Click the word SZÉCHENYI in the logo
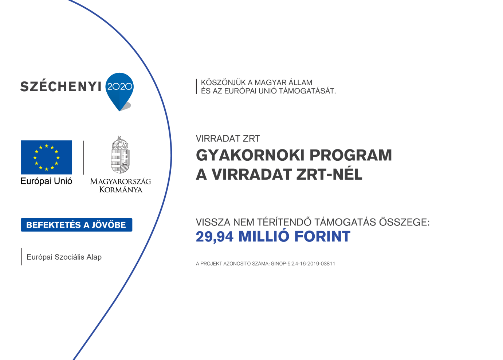point(60,87)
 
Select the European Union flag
point(46,157)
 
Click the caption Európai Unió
point(46,181)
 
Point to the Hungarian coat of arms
point(120,155)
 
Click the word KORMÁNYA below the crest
point(121,189)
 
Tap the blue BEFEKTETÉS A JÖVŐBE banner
point(76,225)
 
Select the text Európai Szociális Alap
point(64,257)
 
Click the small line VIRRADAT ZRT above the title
point(228,139)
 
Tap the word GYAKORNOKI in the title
point(250,155)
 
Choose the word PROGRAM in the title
point(350,155)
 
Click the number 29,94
point(215,237)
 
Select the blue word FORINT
point(322,237)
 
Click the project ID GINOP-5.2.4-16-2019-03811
point(303,264)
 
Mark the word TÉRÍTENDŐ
point(284,222)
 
